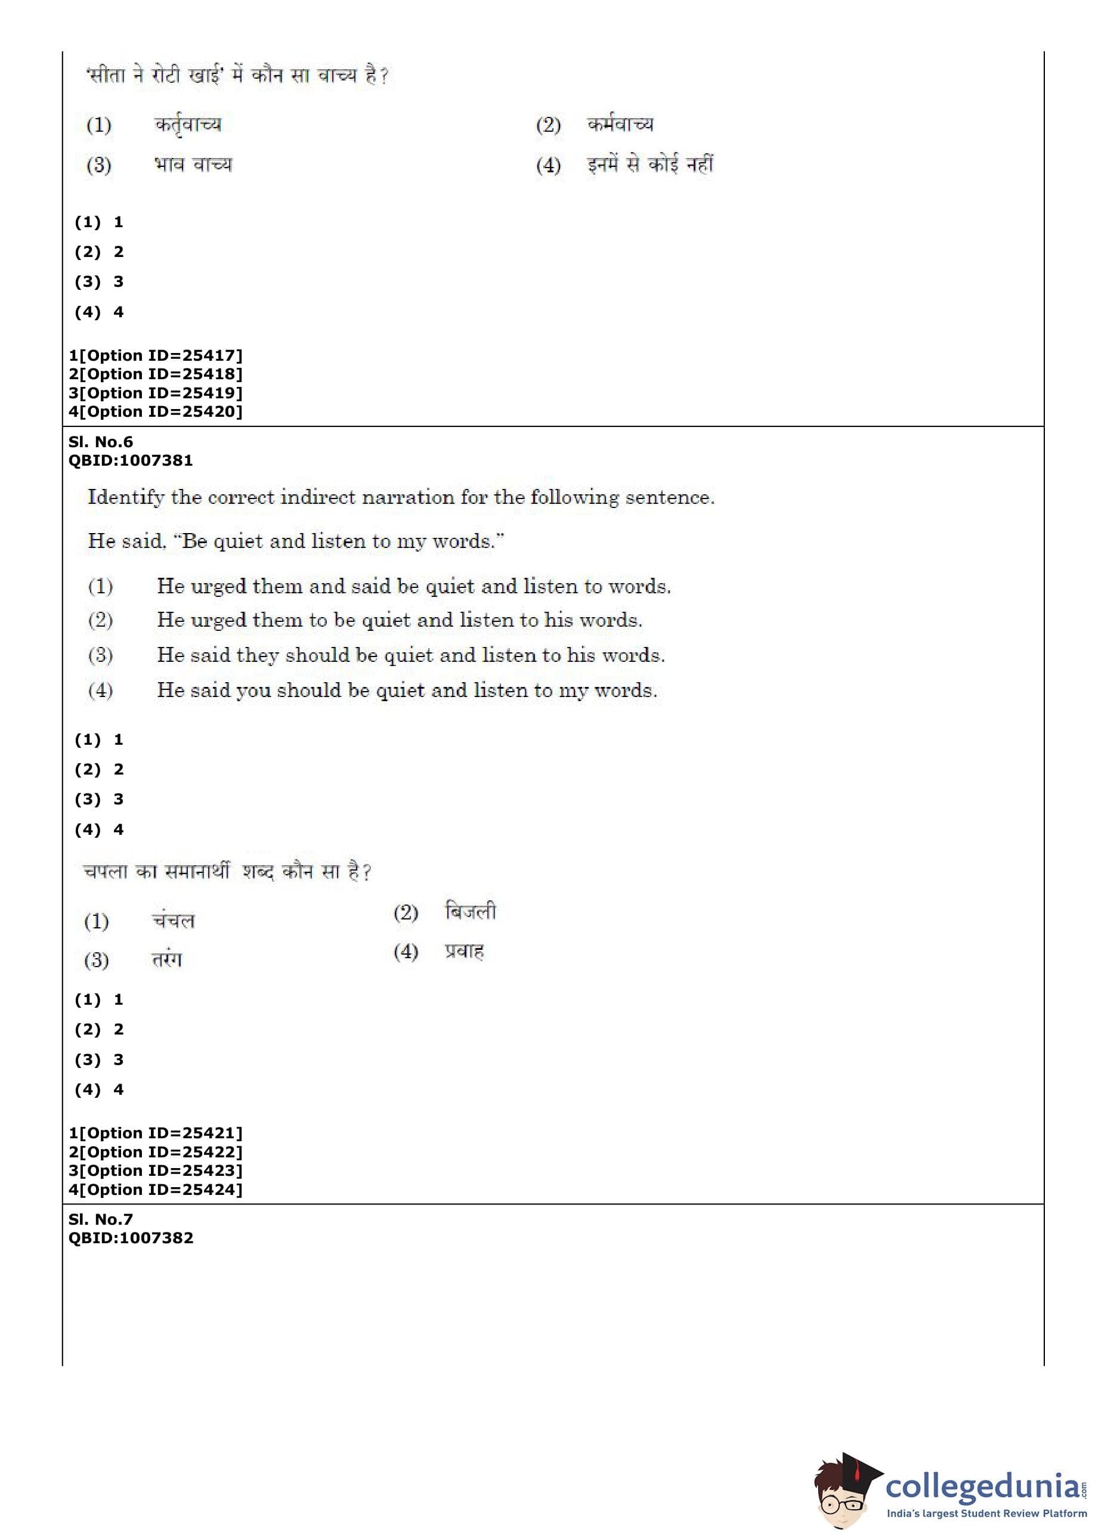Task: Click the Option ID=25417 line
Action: click(155, 355)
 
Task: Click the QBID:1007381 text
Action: click(130, 460)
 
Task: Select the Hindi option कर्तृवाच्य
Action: click(187, 125)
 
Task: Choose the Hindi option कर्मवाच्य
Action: click(620, 125)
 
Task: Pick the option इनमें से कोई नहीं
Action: click(649, 165)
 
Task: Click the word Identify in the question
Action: click(126, 498)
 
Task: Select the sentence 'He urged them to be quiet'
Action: click(399, 620)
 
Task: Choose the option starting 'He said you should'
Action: click(407, 690)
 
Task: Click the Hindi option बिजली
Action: click(470, 912)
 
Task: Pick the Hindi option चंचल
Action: click(174, 921)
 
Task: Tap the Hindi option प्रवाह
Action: click(464, 952)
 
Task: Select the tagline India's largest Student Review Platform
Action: click(986, 1513)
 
